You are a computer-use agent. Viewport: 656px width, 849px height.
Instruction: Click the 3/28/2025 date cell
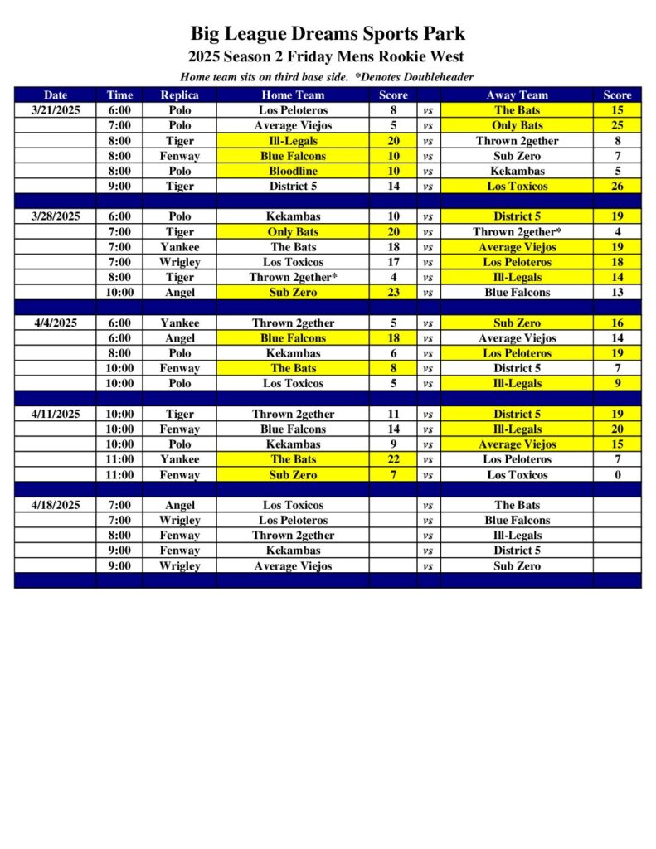click(x=56, y=216)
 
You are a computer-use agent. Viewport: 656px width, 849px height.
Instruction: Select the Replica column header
click(x=179, y=95)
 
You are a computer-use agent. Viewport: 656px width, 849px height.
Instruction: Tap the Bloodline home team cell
click(x=293, y=171)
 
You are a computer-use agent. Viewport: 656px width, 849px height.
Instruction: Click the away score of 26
click(x=617, y=186)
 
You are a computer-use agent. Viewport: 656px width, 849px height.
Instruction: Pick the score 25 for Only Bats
click(x=617, y=125)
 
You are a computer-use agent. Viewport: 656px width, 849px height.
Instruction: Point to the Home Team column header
click(x=293, y=95)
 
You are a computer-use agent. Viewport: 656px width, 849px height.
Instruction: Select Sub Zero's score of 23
click(x=394, y=292)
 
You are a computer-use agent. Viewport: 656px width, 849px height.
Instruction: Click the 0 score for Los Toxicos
click(x=617, y=474)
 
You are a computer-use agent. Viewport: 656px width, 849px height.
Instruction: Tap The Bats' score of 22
click(x=394, y=459)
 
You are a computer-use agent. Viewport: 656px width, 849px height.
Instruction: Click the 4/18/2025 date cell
click(x=56, y=504)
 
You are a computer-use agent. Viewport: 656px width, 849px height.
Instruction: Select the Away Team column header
click(x=517, y=95)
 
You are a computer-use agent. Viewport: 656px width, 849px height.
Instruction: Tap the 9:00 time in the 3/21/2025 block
click(x=119, y=186)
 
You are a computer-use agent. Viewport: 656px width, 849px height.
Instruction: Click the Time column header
click(x=119, y=95)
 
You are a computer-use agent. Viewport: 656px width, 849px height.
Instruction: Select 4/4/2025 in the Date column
click(x=56, y=323)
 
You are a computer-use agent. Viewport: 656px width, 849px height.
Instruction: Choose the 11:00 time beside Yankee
click(x=119, y=459)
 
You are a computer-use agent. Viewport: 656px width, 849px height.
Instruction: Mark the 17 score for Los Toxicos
click(x=394, y=262)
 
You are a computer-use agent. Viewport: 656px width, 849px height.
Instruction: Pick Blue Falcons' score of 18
click(x=394, y=337)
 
